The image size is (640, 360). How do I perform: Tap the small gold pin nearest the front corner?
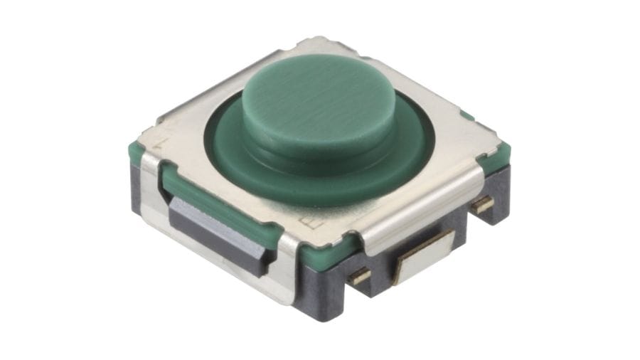point(359,276)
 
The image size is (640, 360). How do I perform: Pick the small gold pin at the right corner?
point(484,205)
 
